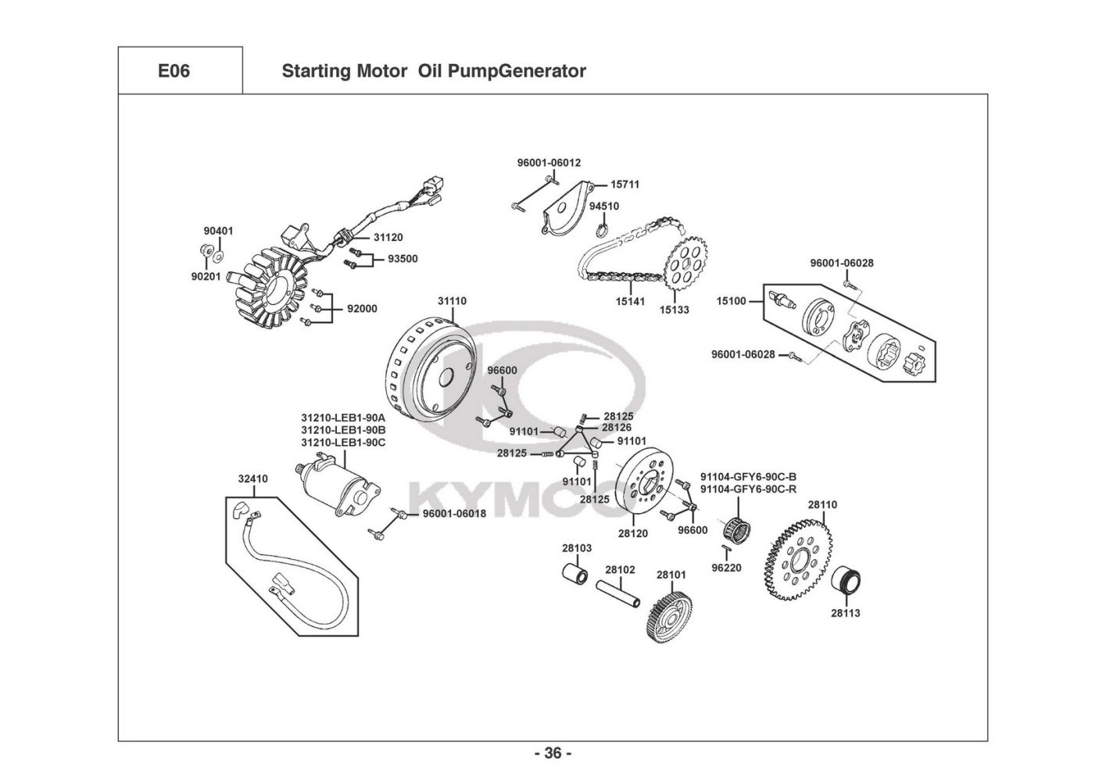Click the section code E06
(174, 71)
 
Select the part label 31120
(388, 237)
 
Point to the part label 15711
(625, 185)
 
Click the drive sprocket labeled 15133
(686, 264)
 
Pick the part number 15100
(732, 301)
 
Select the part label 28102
(620, 569)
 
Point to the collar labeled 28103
(575, 572)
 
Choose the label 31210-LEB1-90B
(343, 430)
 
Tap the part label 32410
(252, 479)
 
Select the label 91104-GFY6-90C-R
(749, 490)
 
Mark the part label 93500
(403, 259)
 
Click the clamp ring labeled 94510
(603, 229)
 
